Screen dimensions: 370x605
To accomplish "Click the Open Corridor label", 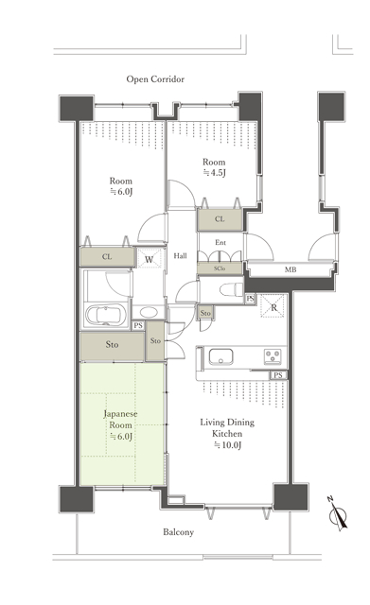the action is (x=155, y=79).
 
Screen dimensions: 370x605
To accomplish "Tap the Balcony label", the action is (x=178, y=532).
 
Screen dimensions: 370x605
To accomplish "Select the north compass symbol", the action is (x=337, y=514).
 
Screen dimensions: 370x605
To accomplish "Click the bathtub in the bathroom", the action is (x=106, y=315).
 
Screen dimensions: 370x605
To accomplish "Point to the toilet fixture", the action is (x=231, y=290).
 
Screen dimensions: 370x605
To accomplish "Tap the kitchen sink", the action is (x=220, y=356).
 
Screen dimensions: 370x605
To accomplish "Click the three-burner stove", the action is (x=272, y=355).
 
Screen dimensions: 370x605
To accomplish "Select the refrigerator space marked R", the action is (x=273, y=306).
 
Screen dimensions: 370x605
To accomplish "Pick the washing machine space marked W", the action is (x=150, y=258).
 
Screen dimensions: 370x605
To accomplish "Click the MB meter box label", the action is (x=291, y=269).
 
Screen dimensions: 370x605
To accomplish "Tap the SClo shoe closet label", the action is (x=220, y=268).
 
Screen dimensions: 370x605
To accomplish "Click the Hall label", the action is (x=181, y=255).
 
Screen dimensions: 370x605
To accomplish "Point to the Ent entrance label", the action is (x=220, y=242).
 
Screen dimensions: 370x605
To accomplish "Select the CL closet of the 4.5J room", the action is (x=220, y=219).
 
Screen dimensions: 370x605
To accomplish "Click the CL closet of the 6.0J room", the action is (x=107, y=256).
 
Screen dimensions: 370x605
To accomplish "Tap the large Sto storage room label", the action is (x=112, y=344).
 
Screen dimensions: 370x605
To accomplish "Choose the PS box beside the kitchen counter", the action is (x=278, y=374).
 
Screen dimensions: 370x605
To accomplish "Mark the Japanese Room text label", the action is (x=120, y=420).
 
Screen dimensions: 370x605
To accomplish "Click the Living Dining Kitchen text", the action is (x=227, y=428).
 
